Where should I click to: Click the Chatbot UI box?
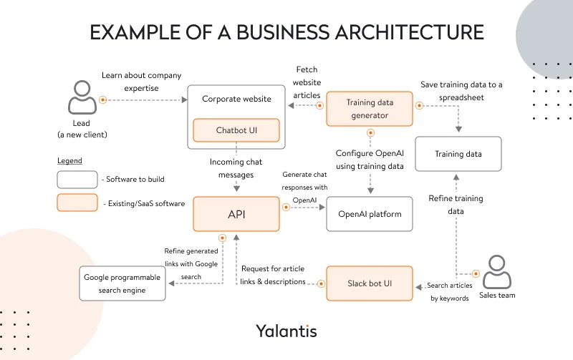click(x=236, y=130)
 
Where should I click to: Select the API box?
click(x=236, y=214)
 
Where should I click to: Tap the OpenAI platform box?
click(x=370, y=214)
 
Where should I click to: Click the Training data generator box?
click(x=370, y=109)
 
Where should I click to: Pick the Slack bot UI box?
click(x=370, y=283)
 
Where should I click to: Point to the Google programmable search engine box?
click(x=124, y=283)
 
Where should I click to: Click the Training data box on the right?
click(x=458, y=154)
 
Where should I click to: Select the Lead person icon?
click(x=81, y=97)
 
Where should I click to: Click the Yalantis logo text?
click(x=286, y=331)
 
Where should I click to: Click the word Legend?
click(x=69, y=161)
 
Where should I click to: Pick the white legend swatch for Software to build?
click(x=77, y=179)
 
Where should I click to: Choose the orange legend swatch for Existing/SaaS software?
click(x=77, y=203)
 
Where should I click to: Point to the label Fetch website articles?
click(x=307, y=82)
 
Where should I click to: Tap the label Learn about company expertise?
click(x=141, y=81)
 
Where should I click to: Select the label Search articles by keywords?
click(x=448, y=291)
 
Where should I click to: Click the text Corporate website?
click(x=236, y=99)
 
